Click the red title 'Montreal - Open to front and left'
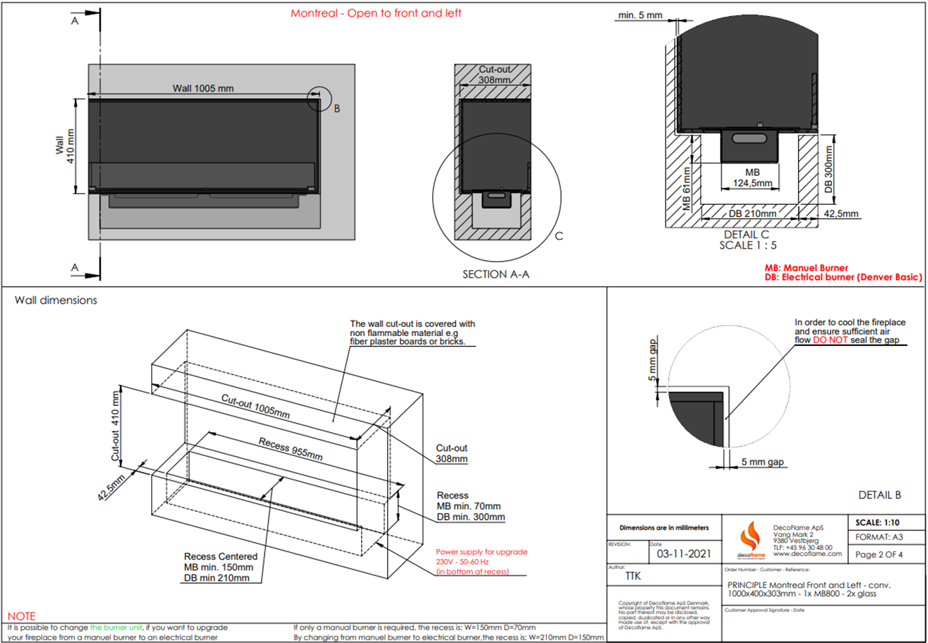[x=376, y=13]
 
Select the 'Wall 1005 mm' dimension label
[x=203, y=88]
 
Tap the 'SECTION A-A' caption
[x=496, y=274]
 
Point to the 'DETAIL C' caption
[x=746, y=235]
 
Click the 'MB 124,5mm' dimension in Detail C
[x=752, y=178]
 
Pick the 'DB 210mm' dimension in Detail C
[x=752, y=213]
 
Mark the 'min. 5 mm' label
[x=640, y=15]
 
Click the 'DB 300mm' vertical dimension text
[x=828, y=170]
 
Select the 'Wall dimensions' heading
[x=56, y=300]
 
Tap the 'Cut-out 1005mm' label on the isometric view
[x=255, y=406]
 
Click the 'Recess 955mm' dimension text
[x=290, y=449]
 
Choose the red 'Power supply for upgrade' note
[x=482, y=552]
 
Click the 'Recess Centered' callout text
[x=221, y=557]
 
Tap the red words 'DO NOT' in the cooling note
[x=830, y=340]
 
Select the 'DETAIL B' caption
[x=880, y=495]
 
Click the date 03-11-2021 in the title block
[x=683, y=554]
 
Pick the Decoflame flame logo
[x=750, y=537]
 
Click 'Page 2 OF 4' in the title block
[x=878, y=555]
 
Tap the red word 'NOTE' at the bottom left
[x=21, y=616]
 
